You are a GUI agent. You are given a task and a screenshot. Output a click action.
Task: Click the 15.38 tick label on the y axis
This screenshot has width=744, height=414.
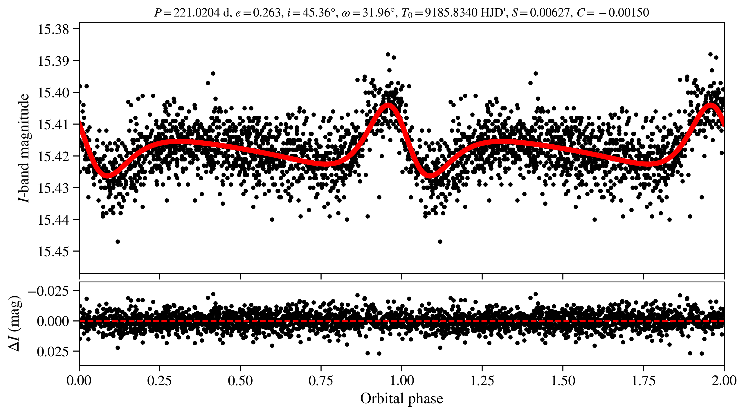coord(53,30)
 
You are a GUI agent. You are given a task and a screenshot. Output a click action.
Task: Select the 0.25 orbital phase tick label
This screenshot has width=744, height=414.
coord(159,381)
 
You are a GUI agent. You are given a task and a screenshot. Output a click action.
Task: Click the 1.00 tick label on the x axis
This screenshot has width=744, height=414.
coord(401,381)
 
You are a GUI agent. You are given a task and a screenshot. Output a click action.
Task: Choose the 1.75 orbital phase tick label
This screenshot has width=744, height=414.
coord(644,381)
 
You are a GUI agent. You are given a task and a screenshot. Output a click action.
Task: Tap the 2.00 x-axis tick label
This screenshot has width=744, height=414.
coord(724,381)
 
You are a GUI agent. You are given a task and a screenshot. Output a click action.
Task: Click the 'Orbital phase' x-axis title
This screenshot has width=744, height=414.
coord(401,399)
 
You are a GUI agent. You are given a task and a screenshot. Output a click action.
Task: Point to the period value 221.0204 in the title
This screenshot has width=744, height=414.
coord(197,13)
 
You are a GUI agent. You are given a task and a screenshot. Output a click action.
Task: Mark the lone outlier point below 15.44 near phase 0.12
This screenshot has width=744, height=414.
coord(118,242)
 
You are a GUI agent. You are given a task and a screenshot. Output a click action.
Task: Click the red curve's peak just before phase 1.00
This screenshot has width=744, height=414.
coord(388,106)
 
